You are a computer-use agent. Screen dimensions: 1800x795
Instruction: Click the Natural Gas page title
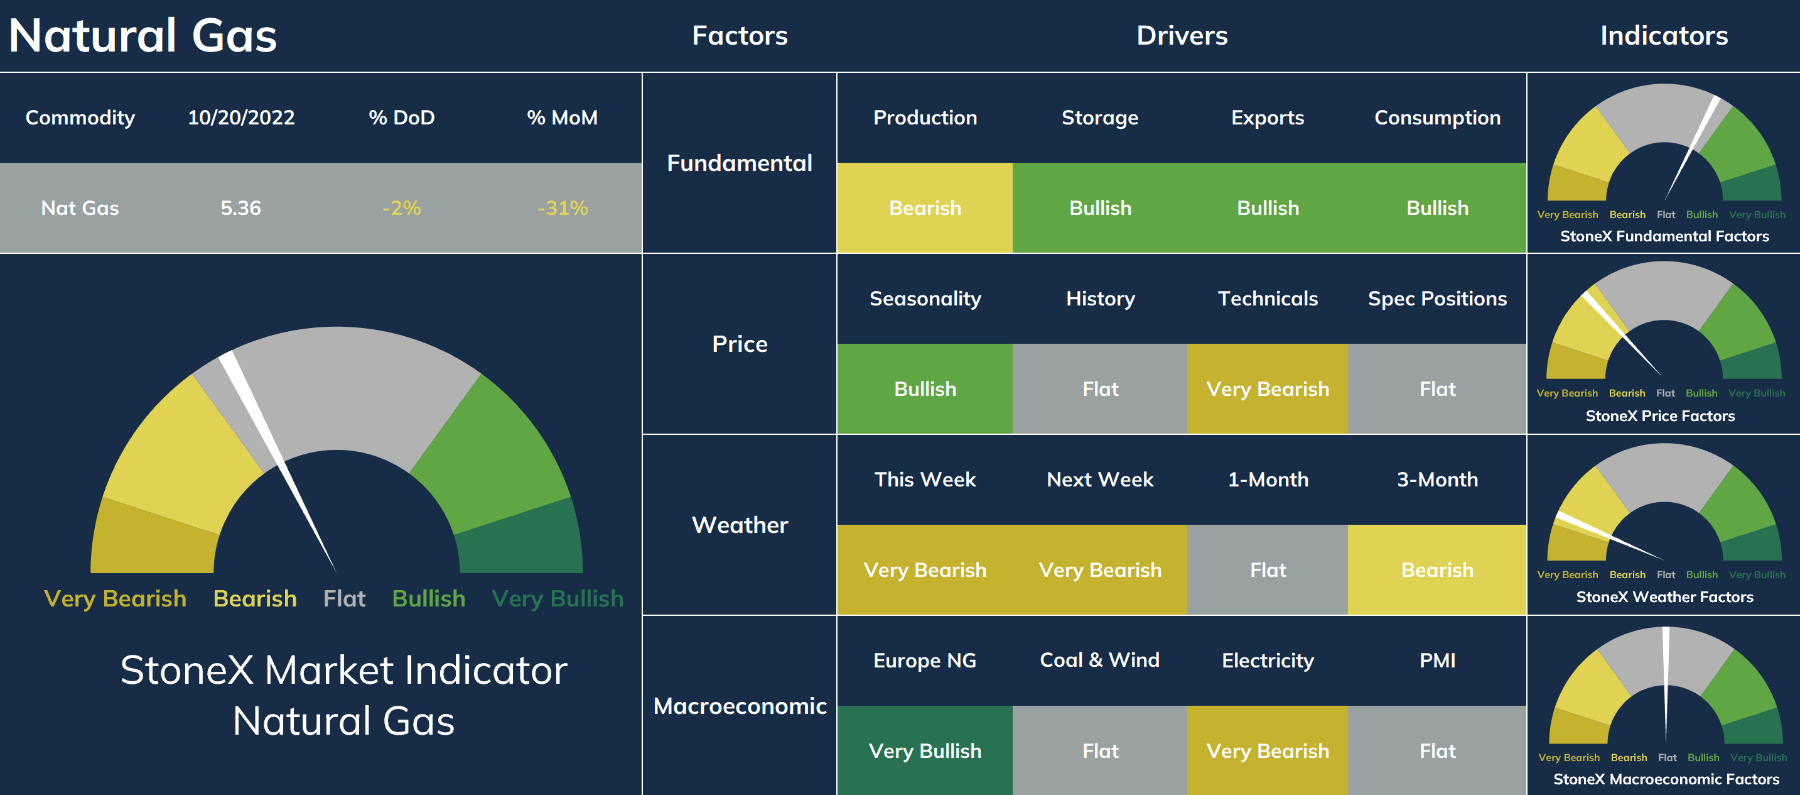tap(143, 36)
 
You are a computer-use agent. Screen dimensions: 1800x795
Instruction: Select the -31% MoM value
tap(563, 207)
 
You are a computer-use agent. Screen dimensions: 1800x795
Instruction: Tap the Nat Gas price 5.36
tap(240, 207)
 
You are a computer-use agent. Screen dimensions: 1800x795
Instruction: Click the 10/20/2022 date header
tap(241, 118)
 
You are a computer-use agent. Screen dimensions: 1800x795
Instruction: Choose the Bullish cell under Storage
tap(1100, 207)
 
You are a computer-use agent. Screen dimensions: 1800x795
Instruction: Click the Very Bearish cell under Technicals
tap(1268, 389)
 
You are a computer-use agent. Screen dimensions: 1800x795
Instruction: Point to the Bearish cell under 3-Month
tap(1437, 570)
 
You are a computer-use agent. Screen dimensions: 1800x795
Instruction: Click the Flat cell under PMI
tap(1437, 750)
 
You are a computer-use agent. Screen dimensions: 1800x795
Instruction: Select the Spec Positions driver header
tap(1437, 299)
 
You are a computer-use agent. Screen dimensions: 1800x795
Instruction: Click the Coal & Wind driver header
tap(1100, 660)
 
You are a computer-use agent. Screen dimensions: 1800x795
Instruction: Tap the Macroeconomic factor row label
tap(740, 706)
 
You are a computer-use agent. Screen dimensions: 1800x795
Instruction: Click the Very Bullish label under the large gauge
tap(558, 598)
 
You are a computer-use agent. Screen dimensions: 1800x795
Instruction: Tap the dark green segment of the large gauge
tap(520, 539)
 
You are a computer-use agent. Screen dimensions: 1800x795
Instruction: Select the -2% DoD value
tap(402, 207)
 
